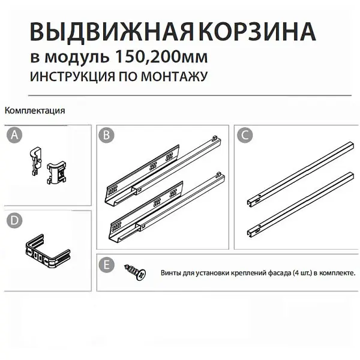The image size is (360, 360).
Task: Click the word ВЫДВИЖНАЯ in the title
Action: (x=112, y=32)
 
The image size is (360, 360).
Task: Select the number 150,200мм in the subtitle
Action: (x=161, y=56)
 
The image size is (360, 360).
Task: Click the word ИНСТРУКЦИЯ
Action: (x=73, y=76)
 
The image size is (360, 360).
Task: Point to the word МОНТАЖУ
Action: (x=174, y=76)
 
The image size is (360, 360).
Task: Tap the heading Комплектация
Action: (x=35, y=110)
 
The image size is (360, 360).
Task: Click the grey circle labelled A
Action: (x=14, y=135)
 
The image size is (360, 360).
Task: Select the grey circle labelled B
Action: (x=106, y=135)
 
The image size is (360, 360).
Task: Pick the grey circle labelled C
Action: (x=245, y=135)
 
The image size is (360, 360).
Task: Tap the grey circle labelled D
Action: (x=14, y=220)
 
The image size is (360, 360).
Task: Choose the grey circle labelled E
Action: (x=107, y=265)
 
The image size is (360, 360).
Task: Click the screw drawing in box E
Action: (x=135, y=272)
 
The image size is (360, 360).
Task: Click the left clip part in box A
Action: (x=35, y=160)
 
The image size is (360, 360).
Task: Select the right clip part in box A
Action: (x=56, y=173)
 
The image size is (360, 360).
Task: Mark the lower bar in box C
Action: (x=301, y=204)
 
